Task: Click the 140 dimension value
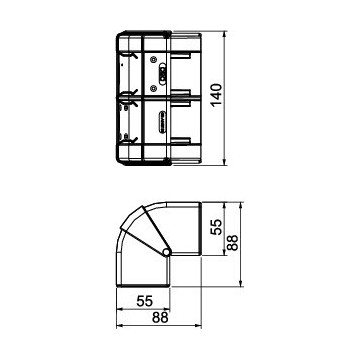point(217,94)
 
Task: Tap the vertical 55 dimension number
point(217,227)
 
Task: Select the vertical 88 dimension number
point(232,243)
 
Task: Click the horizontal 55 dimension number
point(145,301)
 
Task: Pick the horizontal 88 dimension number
point(160,318)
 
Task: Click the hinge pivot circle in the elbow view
point(167,252)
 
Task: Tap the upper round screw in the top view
point(153,60)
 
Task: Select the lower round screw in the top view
point(153,88)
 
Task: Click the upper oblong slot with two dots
point(162,74)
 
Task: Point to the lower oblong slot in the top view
point(162,121)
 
